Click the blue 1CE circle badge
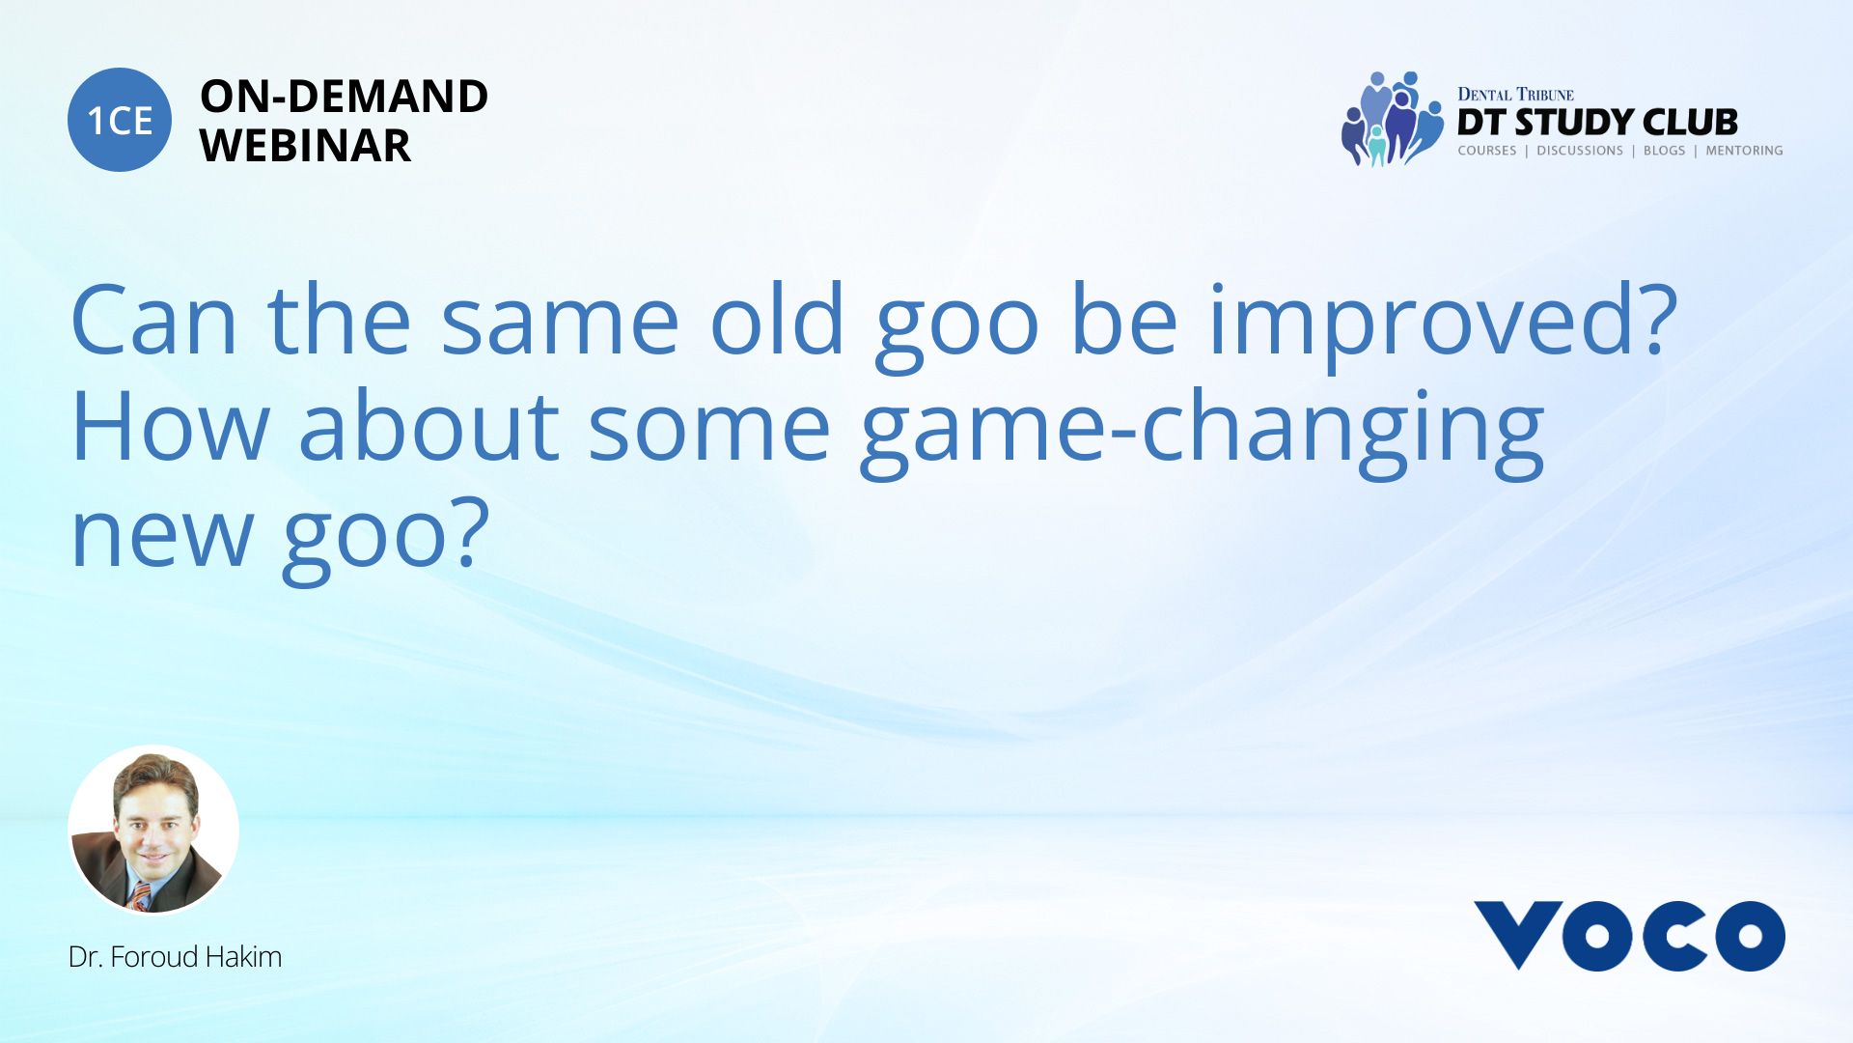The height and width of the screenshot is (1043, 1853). pyautogui.click(x=120, y=120)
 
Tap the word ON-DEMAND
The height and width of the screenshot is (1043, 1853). pyautogui.click(x=344, y=97)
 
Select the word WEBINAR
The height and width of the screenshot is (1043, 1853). pyautogui.click(x=306, y=146)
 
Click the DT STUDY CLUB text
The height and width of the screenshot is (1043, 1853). pyautogui.click(x=1597, y=123)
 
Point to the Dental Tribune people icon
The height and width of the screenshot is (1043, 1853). pyautogui.click(x=1391, y=119)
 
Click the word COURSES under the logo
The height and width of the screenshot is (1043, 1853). pyautogui.click(x=1487, y=151)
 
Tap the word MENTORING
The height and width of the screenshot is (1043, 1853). pyautogui.click(x=1744, y=151)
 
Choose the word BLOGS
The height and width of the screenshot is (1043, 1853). pyautogui.click(x=1664, y=151)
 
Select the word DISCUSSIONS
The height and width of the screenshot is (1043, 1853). pyautogui.click(x=1580, y=151)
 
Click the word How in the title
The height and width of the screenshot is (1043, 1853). pyautogui.click(x=169, y=425)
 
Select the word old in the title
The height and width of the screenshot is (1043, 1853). pyautogui.click(x=778, y=318)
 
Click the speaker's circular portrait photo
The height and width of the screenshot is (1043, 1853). pyautogui.click(x=153, y=830)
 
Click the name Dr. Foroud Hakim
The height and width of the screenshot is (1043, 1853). pyautogui.click(x=175, y=957)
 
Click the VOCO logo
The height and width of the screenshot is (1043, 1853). pyautogui.click(x=1629, y=936)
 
